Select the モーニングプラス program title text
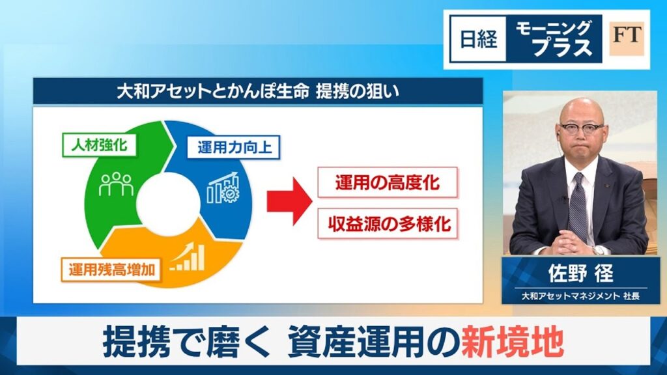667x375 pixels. click(554, 38)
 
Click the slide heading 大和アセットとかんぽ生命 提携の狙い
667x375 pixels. click(258, 91)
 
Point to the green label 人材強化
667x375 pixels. click(100, 145)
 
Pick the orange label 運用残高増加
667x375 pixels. click(111, 269)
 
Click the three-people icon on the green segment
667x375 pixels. click(116, 184)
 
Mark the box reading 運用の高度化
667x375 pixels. click(388, 182)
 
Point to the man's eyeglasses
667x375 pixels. click(582, 128)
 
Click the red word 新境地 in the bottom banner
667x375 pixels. click(512, 343)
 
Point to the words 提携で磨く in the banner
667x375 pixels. click(186, 343)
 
